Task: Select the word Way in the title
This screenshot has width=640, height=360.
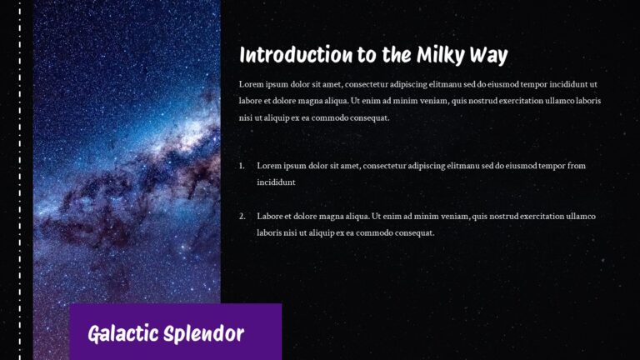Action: (489, 56)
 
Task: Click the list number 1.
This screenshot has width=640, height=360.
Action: (242, 166)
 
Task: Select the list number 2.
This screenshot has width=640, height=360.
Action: (242, 217)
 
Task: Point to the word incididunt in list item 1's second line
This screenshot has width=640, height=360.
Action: (277, 182)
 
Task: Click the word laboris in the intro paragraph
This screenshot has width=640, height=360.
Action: (586, 102)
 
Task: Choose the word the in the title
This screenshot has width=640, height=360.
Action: (391, 56)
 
